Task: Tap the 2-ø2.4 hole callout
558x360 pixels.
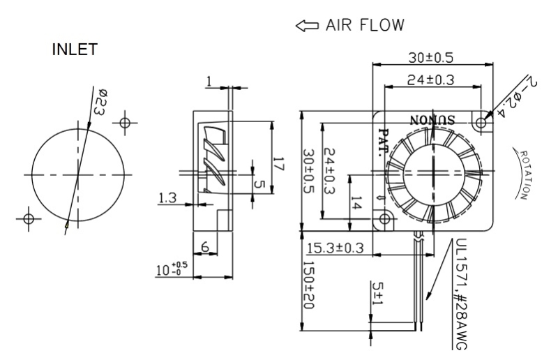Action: (514, 94)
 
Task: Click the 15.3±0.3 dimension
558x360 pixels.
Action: (334, 248)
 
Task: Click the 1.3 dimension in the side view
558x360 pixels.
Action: (167, 199)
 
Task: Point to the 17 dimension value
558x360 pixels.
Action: (277, 166)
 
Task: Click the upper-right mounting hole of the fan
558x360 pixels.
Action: (481, 122)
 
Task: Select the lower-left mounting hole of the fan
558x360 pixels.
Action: (384, 218)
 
